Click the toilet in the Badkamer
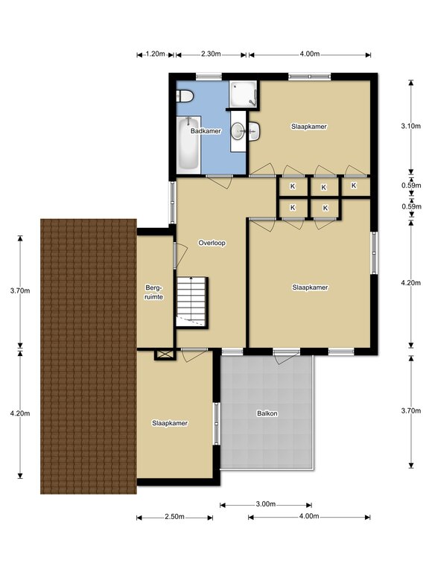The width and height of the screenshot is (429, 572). coord(185,97)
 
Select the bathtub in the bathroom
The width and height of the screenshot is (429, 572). coord(188,144)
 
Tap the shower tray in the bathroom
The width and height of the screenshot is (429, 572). coord(243,93)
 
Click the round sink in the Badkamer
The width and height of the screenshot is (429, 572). coord(238,131)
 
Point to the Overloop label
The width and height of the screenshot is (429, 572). coord(212,243)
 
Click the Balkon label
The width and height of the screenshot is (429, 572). coord(267,413)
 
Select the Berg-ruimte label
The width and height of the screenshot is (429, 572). coord(153,292)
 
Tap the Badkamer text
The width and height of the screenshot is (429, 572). coord(206,130)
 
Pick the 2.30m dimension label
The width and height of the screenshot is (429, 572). coord(211,54)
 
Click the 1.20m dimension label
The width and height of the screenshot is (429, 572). coord(156,54)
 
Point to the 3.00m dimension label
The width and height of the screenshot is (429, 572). coord(266,504)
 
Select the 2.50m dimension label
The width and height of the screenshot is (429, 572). coord(174,517)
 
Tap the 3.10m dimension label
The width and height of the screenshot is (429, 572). coord(411,126)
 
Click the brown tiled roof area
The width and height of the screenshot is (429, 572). coord(89,357)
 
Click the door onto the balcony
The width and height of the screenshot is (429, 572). coord(286,357)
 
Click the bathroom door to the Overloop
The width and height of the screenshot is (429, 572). coord(220,181)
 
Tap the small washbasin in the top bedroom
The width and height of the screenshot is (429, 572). coord(254,131)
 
